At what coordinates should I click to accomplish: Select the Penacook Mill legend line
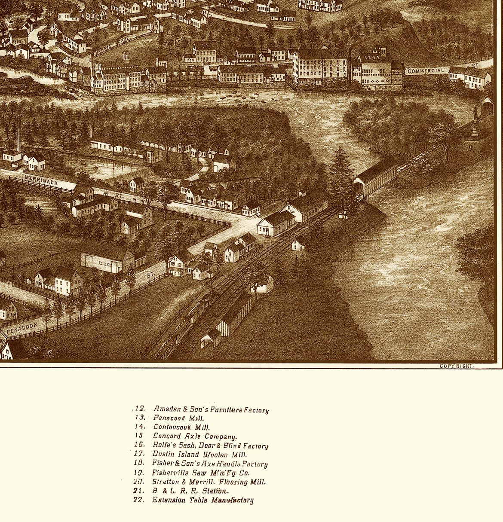click(179, 418)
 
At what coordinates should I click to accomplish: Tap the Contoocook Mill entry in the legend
click(181, 427)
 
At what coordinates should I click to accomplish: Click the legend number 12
click(140, 409)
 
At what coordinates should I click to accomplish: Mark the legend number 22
click(138, 500)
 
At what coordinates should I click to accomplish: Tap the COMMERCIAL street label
click(425, 71)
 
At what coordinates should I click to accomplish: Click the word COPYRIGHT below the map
click(456, 366)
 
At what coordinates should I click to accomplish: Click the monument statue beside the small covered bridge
click(475, 122)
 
